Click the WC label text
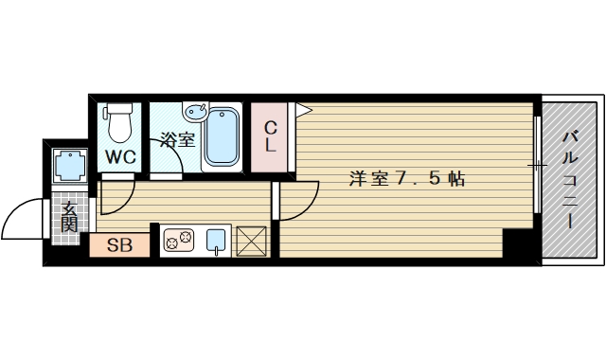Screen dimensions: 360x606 tap(120, 156)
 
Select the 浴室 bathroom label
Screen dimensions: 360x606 tap(176, 142)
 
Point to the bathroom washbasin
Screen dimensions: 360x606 tap(196, 112)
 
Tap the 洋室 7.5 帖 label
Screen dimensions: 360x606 tap(406, 178)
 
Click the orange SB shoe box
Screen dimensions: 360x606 tap(119, 245)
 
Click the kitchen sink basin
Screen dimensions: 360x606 tap(217, 241)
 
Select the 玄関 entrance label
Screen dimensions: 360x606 tap(69, 216)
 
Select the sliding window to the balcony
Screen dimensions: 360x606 tap(537, 166)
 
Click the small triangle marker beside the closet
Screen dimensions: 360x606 tap(303, 111)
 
